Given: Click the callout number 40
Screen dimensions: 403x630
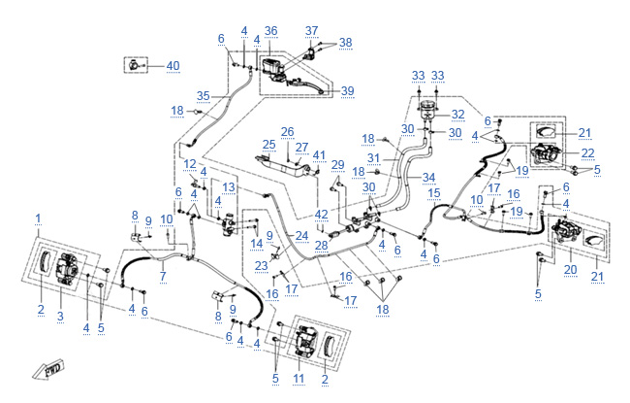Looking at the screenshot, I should (173, 66).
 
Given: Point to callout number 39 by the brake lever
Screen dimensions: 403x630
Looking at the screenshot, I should (347, 90).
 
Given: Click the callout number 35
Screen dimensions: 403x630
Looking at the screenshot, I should (203, 96).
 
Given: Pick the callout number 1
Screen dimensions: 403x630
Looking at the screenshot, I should (38, 215).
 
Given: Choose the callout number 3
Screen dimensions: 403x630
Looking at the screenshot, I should (60, 318).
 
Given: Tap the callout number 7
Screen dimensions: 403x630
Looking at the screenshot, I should (162, 278).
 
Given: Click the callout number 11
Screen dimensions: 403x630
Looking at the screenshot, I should (299, 377).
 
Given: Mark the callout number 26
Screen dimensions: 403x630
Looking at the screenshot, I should (287, 131).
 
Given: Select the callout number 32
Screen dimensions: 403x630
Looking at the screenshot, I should (458, 114).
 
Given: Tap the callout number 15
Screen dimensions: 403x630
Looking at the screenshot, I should (434, 193).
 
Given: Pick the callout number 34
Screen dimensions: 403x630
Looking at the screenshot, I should (429, 177).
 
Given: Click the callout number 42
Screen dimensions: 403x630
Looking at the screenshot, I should (321, 214).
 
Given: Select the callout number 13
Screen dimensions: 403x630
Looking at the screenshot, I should (229, 186).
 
